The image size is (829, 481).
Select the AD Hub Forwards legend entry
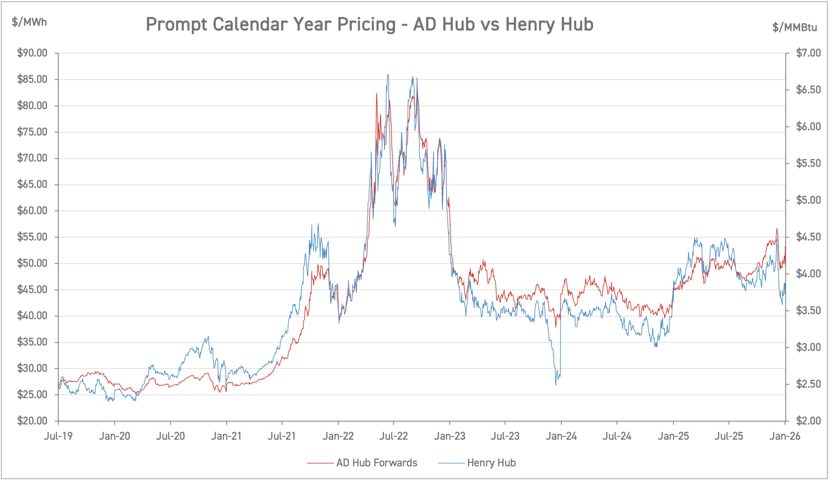tap(376, 463)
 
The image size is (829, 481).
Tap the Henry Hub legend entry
tap(491, 463)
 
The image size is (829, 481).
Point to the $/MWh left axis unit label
tap(29, 22)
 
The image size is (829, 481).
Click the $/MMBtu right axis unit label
tap(794, 27)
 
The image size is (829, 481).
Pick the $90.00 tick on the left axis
tap(32, 53)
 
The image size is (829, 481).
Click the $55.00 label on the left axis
tap(32, 237)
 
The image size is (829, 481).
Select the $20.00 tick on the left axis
tap(32, 421)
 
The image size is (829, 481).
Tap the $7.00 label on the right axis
tap(808, 53)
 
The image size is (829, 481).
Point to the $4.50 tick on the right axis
tap(808, 237)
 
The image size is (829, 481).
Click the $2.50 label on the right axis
tap(808, 384)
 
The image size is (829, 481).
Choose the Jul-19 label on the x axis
tap(58, 436)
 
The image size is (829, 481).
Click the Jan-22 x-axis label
tap(338, 436)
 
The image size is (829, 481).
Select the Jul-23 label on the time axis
tap(505, 436)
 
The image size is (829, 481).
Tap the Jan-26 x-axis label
tap(785, 436)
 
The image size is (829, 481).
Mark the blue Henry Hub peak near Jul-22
tap(388, 75)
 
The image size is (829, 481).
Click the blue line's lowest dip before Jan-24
tap(556, 384)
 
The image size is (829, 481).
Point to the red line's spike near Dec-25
tap(777, 229)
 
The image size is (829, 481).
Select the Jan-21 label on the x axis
tap(226, 436)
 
